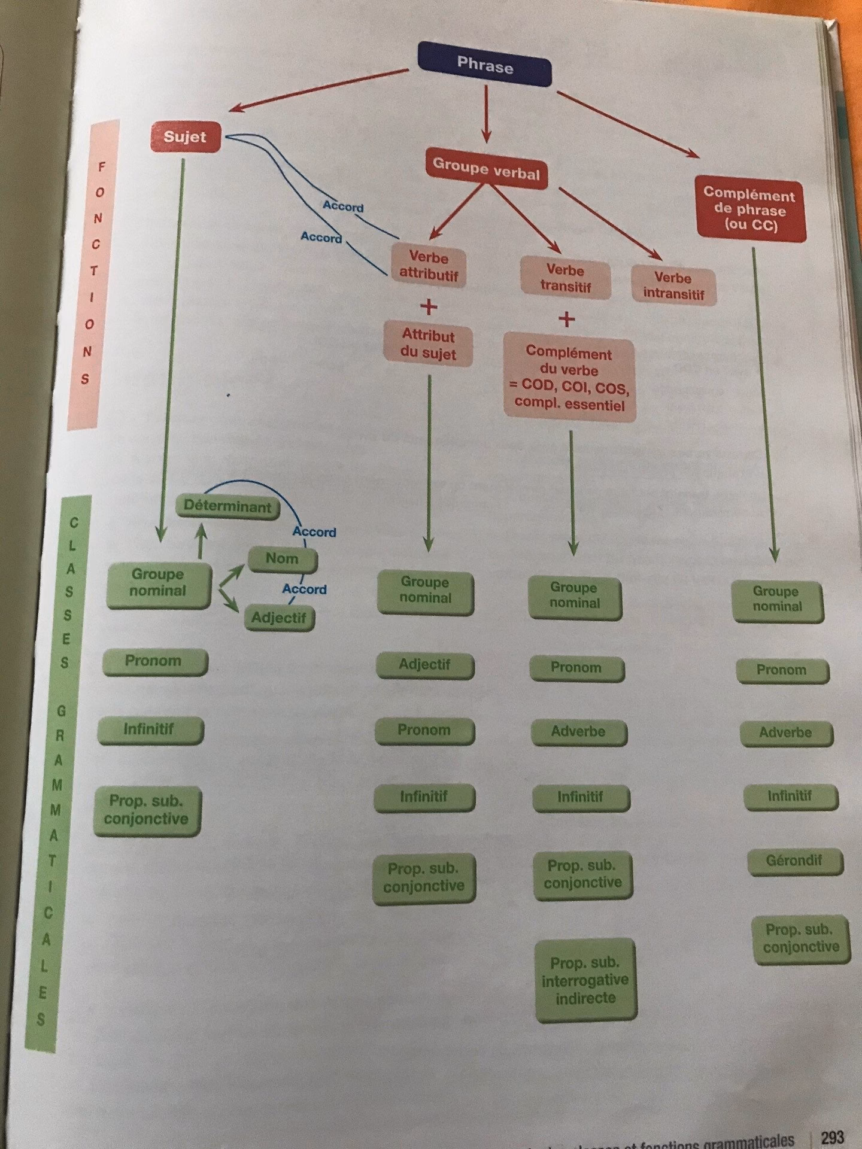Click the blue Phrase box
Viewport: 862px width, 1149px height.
485,64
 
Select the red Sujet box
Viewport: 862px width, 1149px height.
185,136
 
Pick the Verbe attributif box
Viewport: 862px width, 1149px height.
429,266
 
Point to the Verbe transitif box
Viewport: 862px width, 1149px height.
566,278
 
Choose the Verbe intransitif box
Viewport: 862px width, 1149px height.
673,286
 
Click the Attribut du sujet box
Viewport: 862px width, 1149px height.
428,345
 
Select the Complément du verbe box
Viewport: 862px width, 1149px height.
569,378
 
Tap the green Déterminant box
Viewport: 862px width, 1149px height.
227,506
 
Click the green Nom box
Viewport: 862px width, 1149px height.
282,559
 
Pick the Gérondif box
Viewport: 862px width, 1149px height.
794,861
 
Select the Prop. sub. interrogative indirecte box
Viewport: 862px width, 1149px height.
585,980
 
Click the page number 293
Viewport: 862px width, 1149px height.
832,1136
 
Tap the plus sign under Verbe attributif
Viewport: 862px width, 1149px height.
429,307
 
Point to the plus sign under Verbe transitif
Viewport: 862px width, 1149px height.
566,319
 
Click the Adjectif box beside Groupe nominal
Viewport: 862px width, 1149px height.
278,618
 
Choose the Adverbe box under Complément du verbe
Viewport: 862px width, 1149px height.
578,732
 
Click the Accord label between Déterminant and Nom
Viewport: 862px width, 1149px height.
314,532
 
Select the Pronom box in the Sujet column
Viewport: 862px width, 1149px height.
153,661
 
